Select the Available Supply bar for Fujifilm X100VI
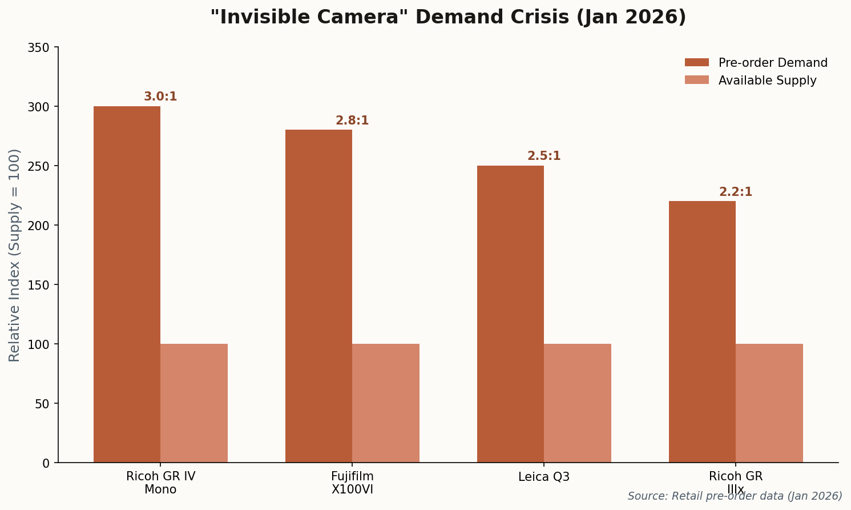tap(386, 403)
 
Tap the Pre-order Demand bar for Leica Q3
tap(510, 314)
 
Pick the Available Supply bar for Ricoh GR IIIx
tap(769, 403)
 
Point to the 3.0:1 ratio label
tap(160, 97)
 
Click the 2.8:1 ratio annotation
tap(352, 121)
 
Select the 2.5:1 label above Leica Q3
tap(544, 156)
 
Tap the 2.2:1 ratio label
tap(736, 192)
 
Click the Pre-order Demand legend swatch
tap(696, 63)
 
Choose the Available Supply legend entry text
tap(767, 81)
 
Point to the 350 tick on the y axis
tap(39, 47)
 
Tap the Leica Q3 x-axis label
tap(544, 477)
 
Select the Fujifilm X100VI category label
tap(352, 483)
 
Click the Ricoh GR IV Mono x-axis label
tap(160, 483)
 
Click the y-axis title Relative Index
tap(15, 255)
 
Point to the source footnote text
tap(735, 496)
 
